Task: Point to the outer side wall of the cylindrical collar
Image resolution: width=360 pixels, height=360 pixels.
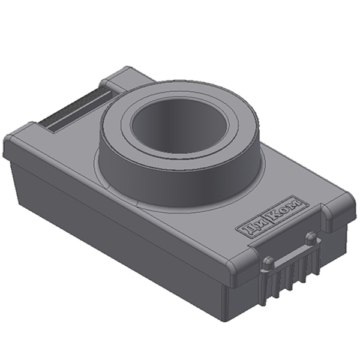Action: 179,184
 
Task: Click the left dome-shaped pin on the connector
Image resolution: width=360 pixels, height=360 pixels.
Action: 267,262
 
